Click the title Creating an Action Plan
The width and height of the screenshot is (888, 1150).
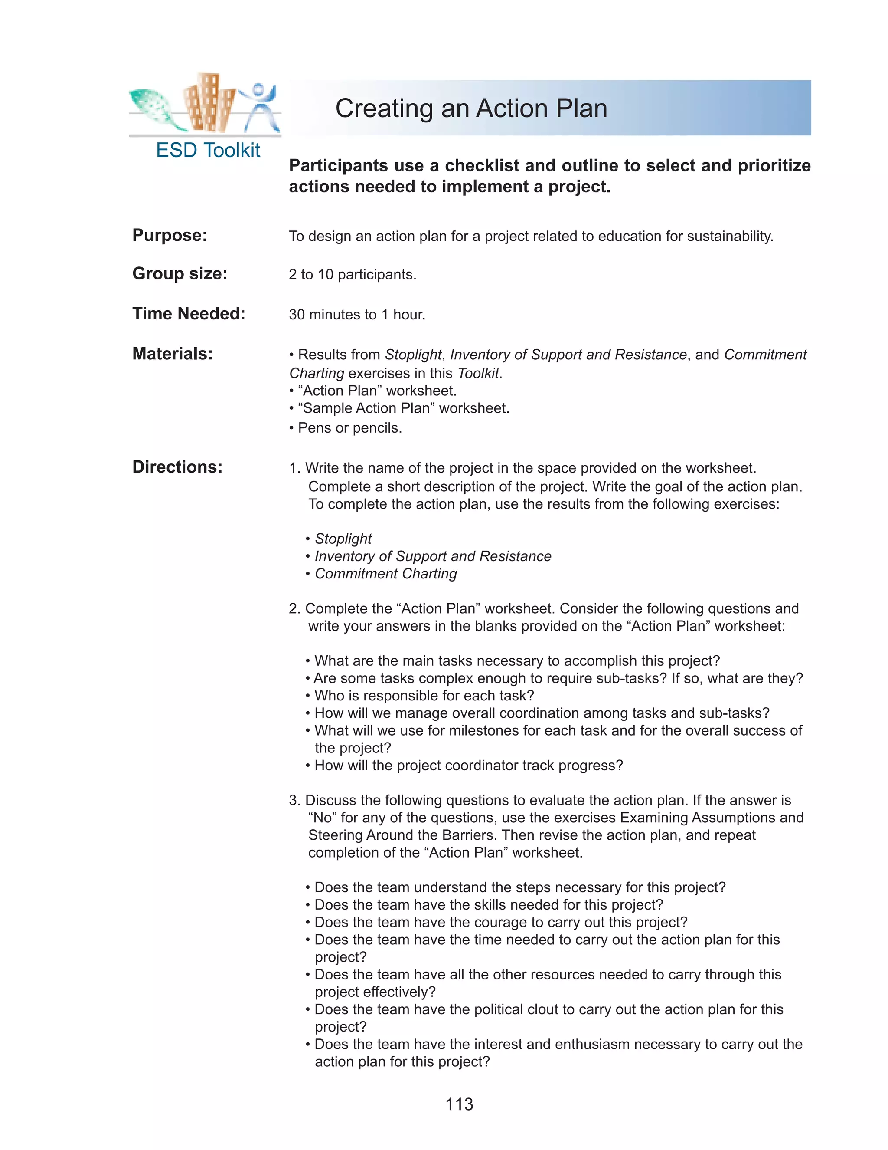pos(471,108)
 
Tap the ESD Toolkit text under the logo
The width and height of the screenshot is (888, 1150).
pos(208,151)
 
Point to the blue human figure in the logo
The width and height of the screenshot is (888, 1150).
pos(259,105)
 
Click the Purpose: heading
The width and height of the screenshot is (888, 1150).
pos(170,235)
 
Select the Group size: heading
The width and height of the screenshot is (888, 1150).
pos(180,274)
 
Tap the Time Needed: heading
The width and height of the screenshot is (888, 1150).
pos(188,314)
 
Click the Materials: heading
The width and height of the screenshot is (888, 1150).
pos(173,354)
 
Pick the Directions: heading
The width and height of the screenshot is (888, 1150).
pos(177,467)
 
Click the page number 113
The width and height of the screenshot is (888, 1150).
pos(459,1104)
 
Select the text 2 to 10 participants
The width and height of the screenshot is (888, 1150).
pos(352,275)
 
